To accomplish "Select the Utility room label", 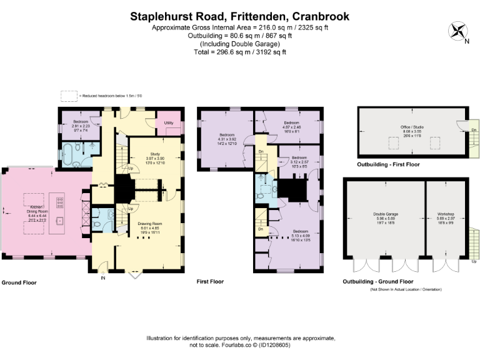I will pyautogui.click(x=168, y=123).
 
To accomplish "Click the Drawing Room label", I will pyautogui.click(x=152, y=226).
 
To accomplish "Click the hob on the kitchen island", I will pyautogui.click(x=61, y=202).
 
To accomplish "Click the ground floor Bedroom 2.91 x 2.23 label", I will pyautogui.click(x=81, y=124).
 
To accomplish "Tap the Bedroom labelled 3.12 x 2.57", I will pyautogui.click(x=299, y=161).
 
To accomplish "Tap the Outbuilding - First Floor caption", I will pyautogui.click(x=388, y=164).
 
